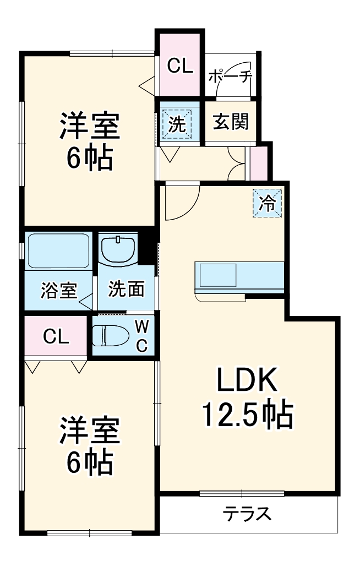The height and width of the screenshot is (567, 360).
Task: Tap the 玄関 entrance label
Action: pos(231,122)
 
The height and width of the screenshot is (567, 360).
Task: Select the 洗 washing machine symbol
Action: pos(177,123)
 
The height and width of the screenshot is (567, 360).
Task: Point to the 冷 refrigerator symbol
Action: pos(268,203)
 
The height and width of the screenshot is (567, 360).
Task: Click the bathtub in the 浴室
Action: pos(58,251)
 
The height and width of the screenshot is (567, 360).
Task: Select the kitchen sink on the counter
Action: pos(218,275)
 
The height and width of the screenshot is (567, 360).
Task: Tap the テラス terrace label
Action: pos(247,515)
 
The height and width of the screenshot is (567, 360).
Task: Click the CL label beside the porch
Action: pos(181,67)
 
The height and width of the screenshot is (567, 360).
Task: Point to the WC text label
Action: pos(141,336)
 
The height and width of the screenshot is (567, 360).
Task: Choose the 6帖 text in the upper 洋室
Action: pos(90,159)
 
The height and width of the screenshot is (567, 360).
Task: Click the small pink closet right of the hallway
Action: pos(258,163)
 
